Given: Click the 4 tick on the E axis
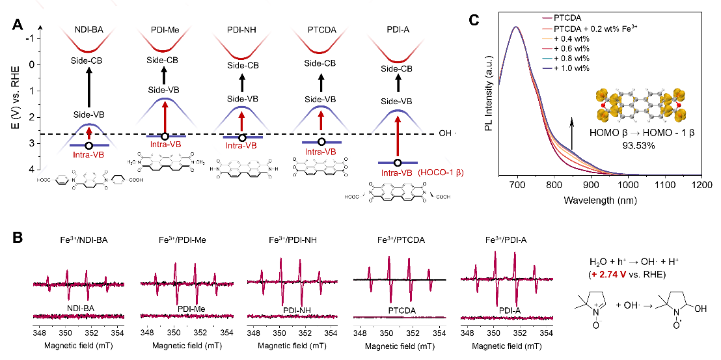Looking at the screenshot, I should pyautogui.click(x=31, y=169).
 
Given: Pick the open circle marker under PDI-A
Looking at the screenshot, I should pyautogui.click(x=398, y=163).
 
